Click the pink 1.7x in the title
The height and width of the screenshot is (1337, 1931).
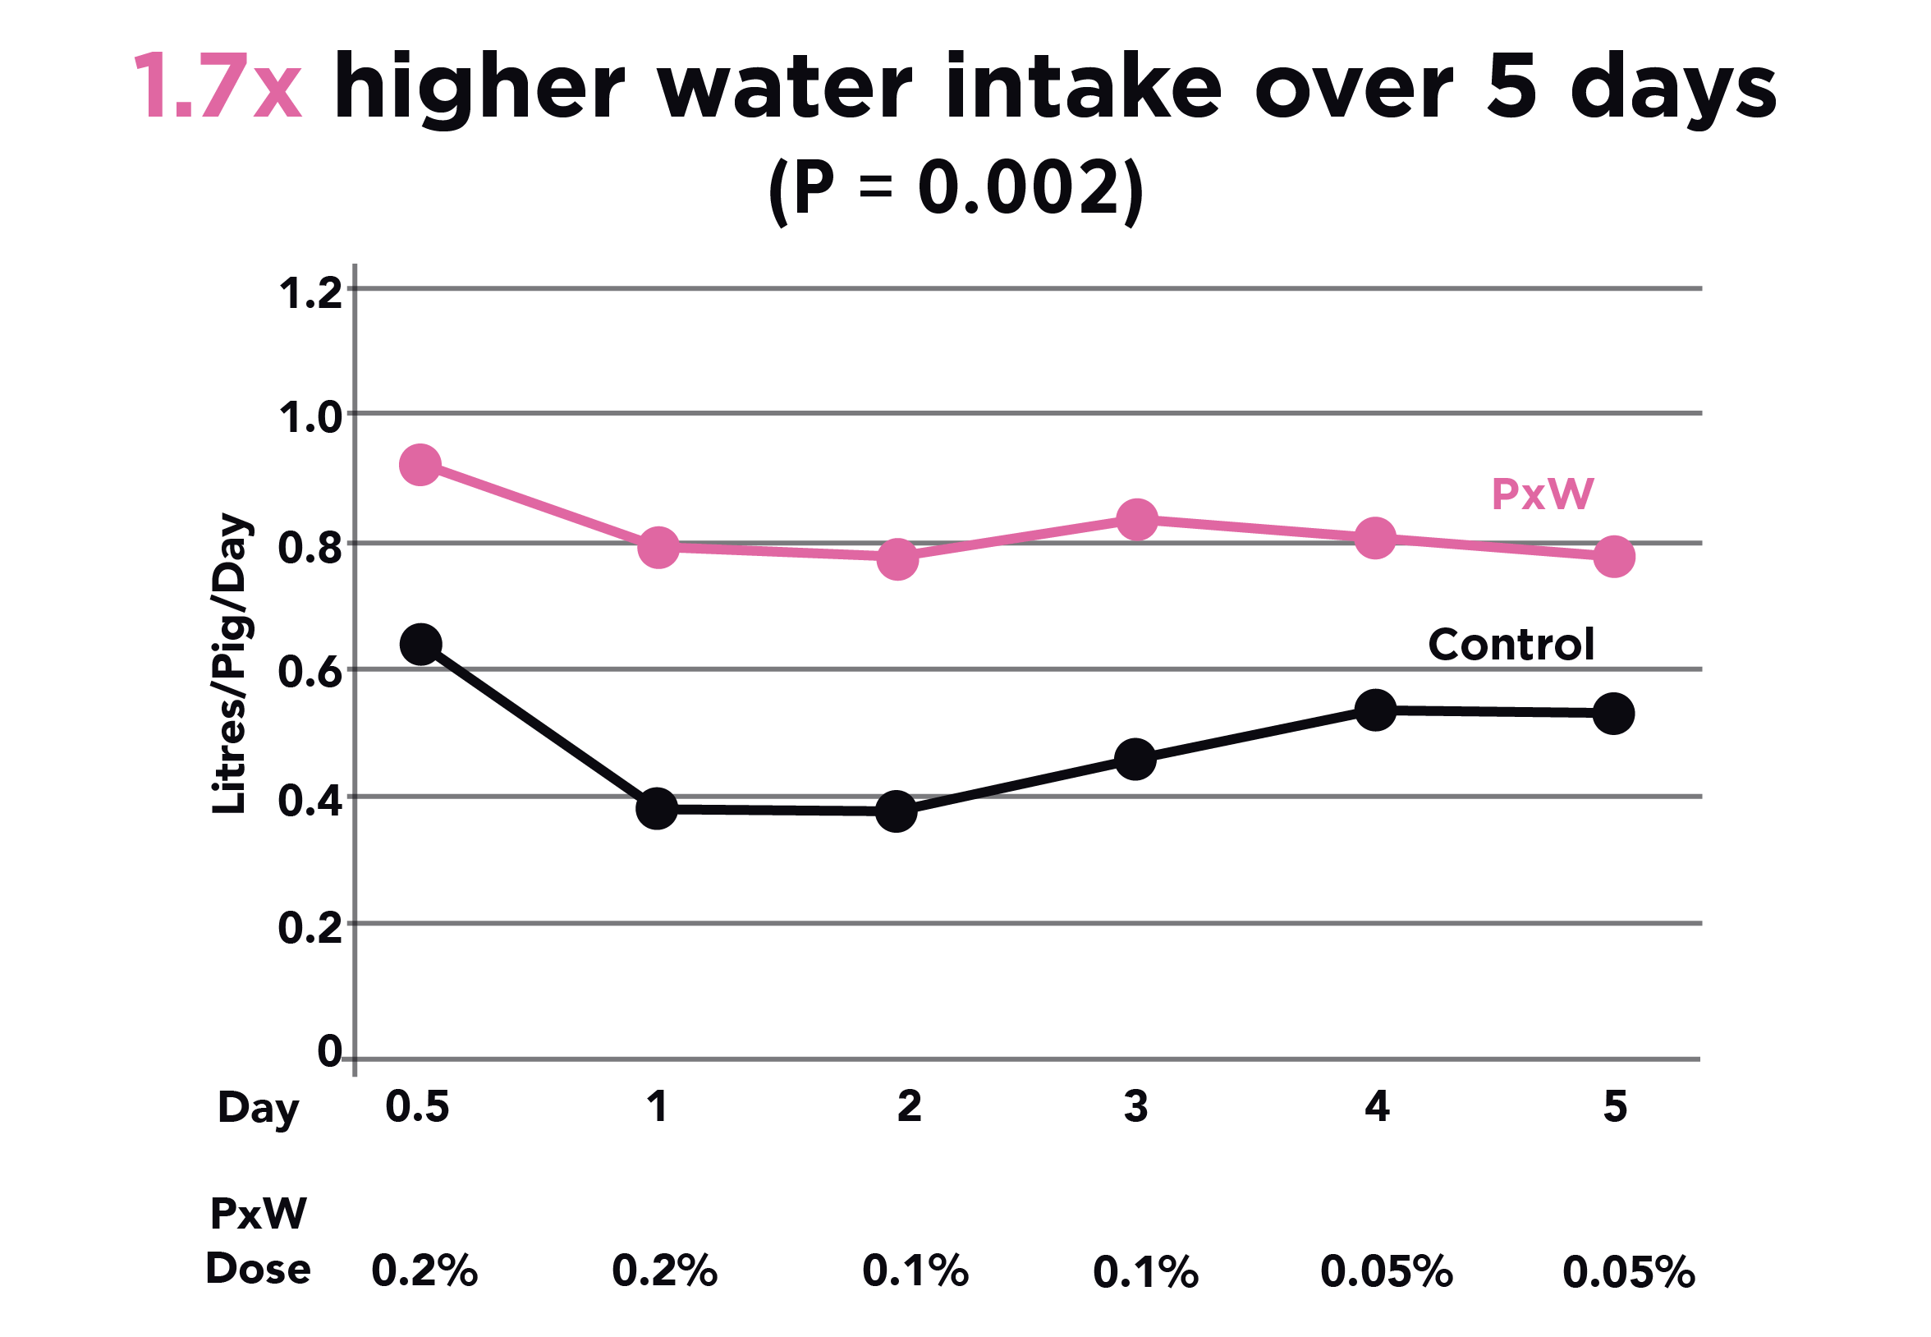[x=217, y=88]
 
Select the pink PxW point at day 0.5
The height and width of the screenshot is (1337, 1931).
[x=420, y=464]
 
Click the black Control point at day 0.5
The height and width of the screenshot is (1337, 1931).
[x=421, y=644]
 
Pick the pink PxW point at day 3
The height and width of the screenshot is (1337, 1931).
[x=1137, y=519]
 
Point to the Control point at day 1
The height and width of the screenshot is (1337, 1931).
[x=658, y=808]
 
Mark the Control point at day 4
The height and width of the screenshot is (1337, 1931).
[x=1376, y=710]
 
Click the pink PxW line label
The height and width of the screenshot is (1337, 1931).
[x=1543, y=494]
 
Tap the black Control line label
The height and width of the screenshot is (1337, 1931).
[x=1511, y=645]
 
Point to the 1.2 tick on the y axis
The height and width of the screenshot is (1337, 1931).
[x=310, y=294]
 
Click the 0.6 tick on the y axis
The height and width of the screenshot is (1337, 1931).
[x=310, y=673]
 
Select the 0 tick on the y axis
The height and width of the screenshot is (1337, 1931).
[x=329, y=1051]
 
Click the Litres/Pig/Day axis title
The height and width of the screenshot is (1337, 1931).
[x=228, y=664]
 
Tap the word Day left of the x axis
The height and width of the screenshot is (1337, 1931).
[x=257, y=1109]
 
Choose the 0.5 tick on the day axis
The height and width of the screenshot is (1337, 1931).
[x=417, y=1106]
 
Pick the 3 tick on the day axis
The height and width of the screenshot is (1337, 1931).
[x=1136, y=1106]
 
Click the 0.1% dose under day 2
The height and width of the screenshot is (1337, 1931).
[x=915, y=1271]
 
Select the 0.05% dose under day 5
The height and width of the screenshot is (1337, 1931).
[x=1629, y=1271]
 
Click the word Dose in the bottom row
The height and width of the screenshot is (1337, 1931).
[x=258, y=1269]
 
